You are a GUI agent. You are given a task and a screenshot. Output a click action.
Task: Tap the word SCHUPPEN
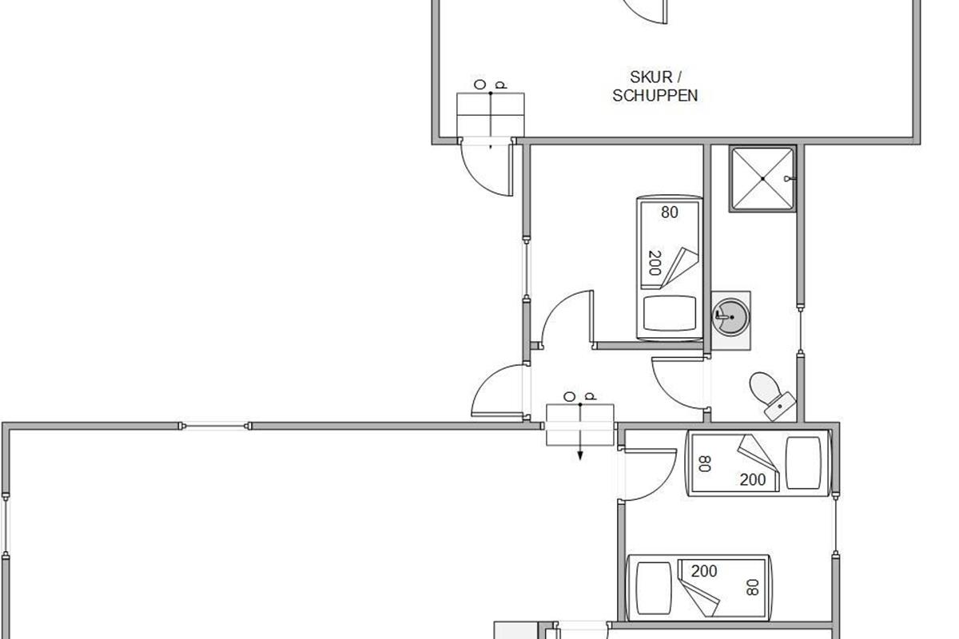(655, 95)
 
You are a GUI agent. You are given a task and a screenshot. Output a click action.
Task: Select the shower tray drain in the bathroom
(763, 178)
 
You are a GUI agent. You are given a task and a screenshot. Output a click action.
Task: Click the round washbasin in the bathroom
(730, 317)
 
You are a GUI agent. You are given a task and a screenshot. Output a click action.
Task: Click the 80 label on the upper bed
(670, 212)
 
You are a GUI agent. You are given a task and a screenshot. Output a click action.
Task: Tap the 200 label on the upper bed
(655, 263)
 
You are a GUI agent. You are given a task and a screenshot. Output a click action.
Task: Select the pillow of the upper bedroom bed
(670, 313)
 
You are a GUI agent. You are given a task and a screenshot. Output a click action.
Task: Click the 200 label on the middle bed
(753, 480)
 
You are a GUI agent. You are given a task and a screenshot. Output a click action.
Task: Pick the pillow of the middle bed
(804, 462)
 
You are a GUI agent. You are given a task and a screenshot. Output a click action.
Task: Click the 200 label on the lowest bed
(704, 571)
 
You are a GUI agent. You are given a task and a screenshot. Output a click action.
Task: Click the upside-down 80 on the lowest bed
(752, 587)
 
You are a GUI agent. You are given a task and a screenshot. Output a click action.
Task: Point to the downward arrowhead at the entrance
(580, 456)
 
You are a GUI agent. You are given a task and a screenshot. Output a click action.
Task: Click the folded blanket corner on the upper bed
(680, 268)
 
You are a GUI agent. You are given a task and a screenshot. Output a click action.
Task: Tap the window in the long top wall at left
(215, 426)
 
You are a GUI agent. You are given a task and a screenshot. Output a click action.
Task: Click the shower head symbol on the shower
(789, 178)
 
